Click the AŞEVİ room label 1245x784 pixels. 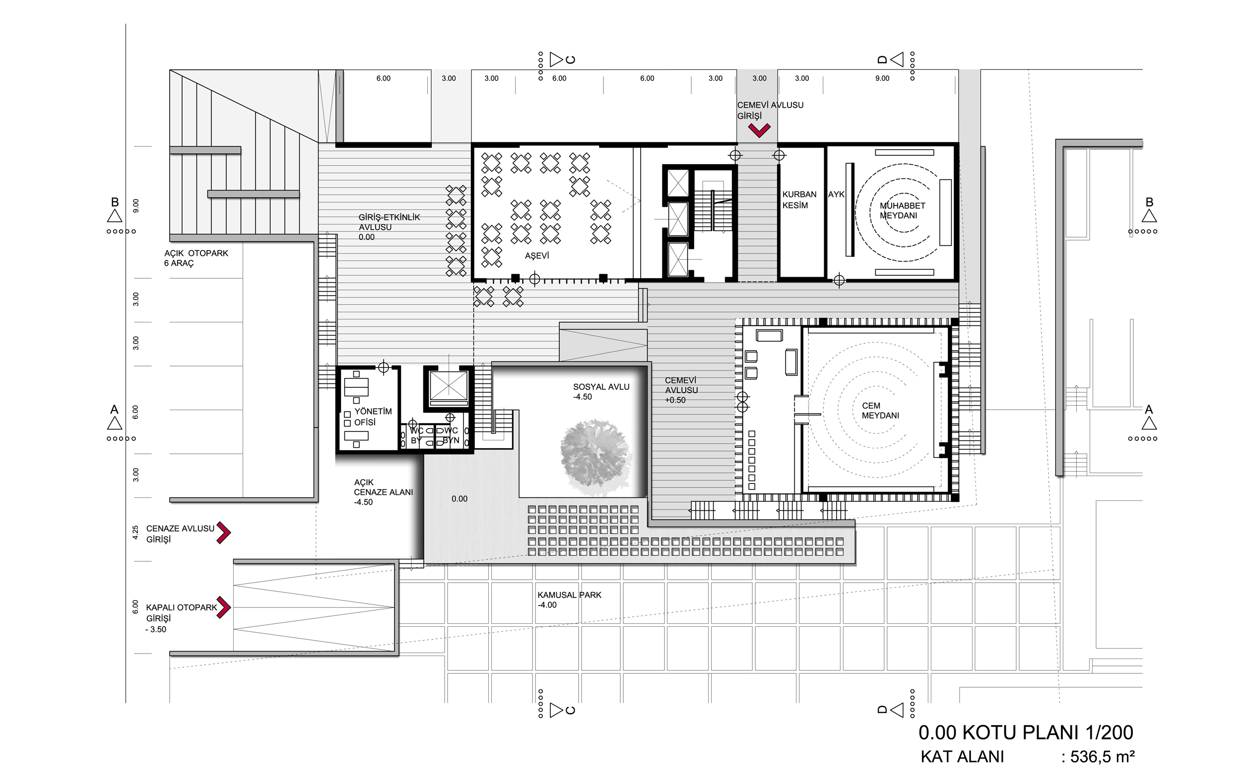coord(537,256)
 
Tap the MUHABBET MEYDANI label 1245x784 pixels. coord(902,210)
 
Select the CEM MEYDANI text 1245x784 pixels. coord(880,410)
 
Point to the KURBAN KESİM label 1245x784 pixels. coord(799,199)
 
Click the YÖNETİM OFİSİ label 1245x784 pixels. coord(373,417)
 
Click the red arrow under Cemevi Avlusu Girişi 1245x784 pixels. coord(759,130)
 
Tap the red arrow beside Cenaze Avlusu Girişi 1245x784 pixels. coord(223,532)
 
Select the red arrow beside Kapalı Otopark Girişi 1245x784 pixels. coord(223,607)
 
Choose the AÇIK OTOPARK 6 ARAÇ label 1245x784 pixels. coord(196,258)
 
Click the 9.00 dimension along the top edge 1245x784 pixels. coord(882,78)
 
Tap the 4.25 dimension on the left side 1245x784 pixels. coord(135,532)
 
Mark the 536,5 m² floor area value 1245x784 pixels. coord(1102,757)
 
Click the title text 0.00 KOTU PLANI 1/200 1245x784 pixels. coord(1026,732)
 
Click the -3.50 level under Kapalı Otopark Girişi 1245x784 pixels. coord(156,629)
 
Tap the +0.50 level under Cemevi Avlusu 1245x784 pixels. coord(675,400)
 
